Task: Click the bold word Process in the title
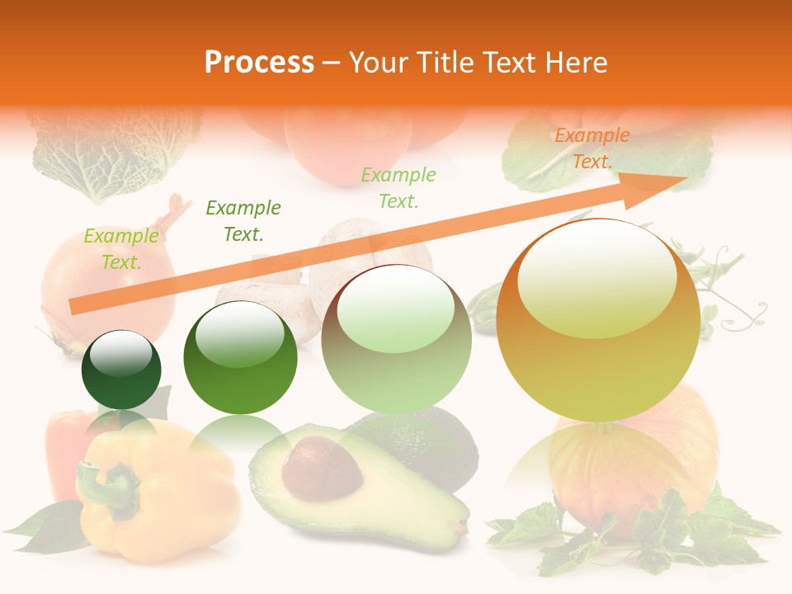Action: (259, 63)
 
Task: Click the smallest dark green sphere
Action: (121, 370)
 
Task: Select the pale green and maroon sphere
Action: (396, 339)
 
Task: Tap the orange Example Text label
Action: (592, 148)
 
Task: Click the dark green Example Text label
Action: (243, 220)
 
